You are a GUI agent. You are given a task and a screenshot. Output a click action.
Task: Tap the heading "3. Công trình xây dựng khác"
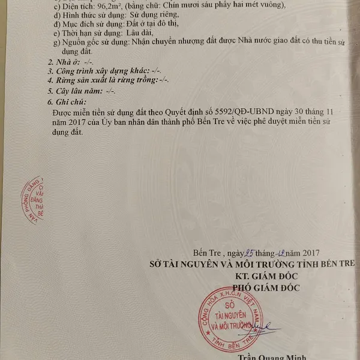click(x=98, y=71)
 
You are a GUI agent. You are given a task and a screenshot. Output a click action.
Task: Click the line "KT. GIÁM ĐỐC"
click(x=268, y=275)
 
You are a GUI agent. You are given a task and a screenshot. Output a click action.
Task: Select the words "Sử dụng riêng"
click(x=153, y=14)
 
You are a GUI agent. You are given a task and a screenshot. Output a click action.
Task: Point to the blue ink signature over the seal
click(x=266, y=327)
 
